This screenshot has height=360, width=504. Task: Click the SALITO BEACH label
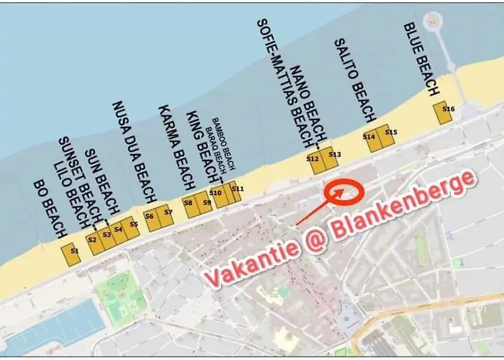coord(355,80)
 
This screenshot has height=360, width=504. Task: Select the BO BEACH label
coord(50,209)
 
